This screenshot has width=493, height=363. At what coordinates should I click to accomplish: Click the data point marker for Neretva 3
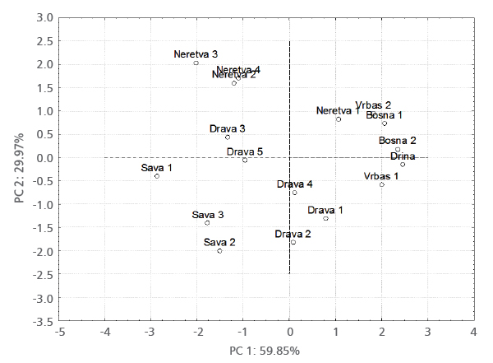pos(196,63)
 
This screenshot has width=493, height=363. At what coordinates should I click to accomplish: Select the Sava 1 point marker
pos(157,176)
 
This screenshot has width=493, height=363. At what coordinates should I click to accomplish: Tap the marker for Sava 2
pos(219,251)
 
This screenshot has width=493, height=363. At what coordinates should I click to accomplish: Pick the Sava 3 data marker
pos(207,223)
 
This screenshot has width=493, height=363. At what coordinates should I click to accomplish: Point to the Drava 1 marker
pos(325,218)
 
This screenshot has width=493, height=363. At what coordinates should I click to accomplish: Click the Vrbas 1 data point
pos(382,184)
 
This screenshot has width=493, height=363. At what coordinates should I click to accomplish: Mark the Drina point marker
pos(403,165)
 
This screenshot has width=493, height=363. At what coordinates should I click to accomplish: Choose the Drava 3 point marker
pos(228,137)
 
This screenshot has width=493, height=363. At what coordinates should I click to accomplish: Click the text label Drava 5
pos(245,151)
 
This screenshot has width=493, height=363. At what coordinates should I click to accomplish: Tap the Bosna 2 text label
pos(397,141)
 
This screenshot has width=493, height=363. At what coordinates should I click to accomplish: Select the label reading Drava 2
pos(293,234)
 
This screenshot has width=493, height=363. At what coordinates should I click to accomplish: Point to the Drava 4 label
pos(294,184)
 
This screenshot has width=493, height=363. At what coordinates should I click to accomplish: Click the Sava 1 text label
pos(157,168)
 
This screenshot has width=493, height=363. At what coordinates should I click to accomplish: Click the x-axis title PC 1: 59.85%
pos(265,351)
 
